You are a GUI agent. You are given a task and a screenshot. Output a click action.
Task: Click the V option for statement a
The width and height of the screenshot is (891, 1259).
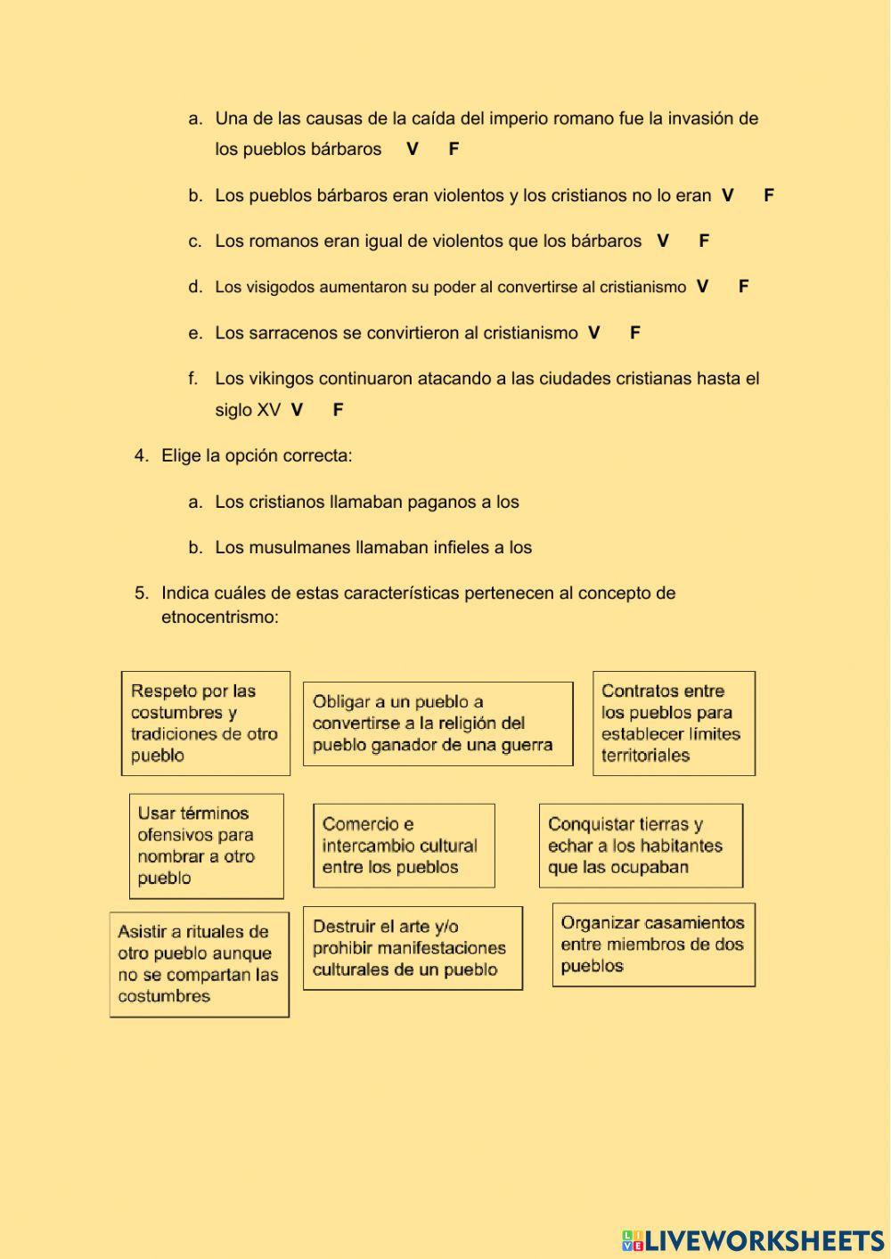tap(413, 149)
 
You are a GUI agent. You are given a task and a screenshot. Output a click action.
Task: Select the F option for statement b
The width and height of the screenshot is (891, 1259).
tap(769, 195)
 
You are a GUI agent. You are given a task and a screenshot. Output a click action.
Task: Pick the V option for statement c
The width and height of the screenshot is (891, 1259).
tap(663, 241)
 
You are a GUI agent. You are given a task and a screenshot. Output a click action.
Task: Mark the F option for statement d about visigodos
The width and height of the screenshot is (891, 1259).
tap(744, 286)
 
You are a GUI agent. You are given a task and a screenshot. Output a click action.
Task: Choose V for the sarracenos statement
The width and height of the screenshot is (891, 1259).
tap(594, 332)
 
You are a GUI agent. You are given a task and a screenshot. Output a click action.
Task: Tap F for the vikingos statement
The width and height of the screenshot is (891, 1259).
tap(338, 410)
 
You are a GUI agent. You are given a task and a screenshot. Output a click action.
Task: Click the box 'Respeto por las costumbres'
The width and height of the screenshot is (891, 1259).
tap(206, 723)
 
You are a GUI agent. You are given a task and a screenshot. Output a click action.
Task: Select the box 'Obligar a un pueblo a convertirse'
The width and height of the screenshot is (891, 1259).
tap(437, 723)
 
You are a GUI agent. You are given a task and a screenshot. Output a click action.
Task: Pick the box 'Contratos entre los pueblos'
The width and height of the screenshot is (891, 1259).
tap(674, 723)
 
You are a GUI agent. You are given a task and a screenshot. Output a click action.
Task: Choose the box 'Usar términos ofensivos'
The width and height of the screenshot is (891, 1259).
tap(207, 846)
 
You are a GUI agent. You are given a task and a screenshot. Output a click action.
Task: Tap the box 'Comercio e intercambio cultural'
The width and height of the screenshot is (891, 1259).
tap(404, 846)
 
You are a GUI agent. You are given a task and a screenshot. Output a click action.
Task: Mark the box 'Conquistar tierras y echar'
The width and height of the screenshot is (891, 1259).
tap(641, 846)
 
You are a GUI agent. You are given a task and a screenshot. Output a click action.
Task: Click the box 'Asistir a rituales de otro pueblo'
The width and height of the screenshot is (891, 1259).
tap(200, 964)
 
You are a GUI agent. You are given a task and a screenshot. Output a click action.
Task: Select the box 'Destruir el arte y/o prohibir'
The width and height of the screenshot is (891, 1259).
tap(413, 948)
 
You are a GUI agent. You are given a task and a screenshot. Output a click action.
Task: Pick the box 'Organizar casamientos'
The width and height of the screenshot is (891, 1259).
tap(654, 944)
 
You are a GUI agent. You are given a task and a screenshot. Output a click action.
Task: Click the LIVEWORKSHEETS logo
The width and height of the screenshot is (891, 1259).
tap(753, 1240)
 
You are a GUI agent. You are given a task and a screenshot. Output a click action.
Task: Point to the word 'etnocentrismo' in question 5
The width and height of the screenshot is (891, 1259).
tap(219, 617)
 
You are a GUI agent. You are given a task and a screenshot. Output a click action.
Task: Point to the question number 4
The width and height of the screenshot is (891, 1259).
tap(141, 455)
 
